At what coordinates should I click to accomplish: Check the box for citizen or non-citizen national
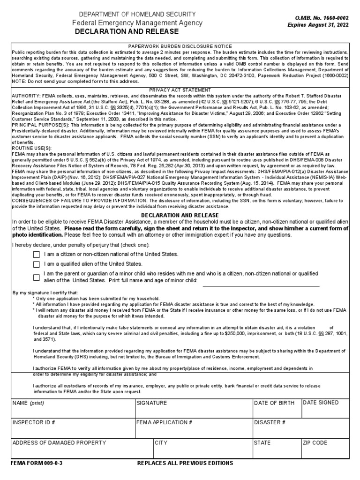pos(37,255)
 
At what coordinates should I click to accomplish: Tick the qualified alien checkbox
pos(37,265)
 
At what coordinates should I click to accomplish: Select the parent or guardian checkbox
pos(37,277)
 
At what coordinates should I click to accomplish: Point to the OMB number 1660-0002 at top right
pos(319,17)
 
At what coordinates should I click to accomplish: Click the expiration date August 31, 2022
pos(318,24)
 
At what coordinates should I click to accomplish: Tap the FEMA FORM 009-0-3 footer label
pos(37,463)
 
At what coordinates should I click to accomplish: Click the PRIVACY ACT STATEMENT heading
pos(180,90)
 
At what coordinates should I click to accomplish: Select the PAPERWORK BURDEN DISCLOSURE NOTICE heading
pos(180,46)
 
